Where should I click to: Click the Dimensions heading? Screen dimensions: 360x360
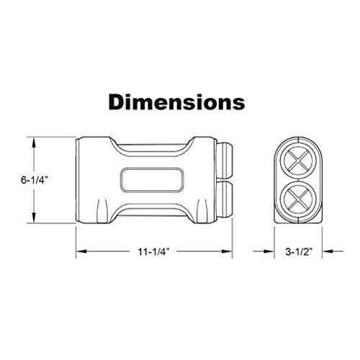coord(176,102)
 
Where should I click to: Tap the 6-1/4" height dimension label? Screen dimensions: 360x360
coord(33,180)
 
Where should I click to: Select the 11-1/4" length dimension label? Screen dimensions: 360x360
coord(154,252)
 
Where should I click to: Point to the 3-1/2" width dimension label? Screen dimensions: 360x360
coord(299,252)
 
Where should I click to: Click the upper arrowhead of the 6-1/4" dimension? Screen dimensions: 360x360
coord(34,143)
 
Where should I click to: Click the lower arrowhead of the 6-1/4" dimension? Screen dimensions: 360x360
coord(34,217)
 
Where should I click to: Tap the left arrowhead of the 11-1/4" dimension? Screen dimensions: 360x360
coord(81,251)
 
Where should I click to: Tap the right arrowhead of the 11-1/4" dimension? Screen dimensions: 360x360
coord(227,251)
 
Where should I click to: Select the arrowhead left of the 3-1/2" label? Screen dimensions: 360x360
coord(269,251)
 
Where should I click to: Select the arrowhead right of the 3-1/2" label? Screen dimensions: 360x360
coord(328,251)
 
